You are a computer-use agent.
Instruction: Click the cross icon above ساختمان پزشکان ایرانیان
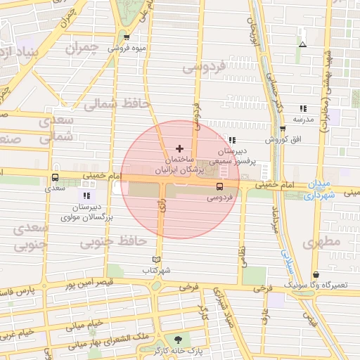coord(179,148)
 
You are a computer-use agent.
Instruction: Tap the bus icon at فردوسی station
coord(219,186)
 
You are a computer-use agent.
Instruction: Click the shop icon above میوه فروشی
coord(127,38)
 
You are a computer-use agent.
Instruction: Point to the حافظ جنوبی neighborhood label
coord(112,243)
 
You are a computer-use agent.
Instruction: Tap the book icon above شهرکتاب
coord(156,259)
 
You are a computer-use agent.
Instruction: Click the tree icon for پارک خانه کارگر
coord(177,339)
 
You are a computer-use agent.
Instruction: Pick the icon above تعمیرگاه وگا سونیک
coord(315,274)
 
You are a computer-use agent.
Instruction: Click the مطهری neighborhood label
coord(323,242)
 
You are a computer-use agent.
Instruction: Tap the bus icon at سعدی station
coord(55,178)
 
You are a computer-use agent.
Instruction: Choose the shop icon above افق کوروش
coord(281,129)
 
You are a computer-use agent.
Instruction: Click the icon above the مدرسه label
coord(303,108)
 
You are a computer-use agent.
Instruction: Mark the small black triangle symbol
coord(302,45)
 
